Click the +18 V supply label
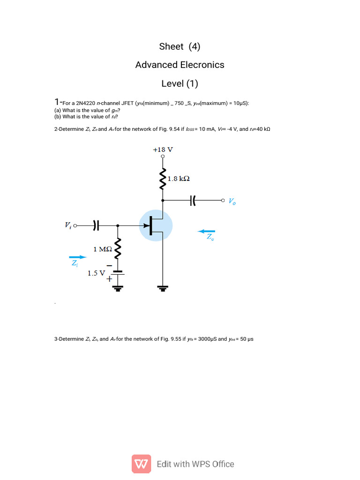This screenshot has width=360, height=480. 163,150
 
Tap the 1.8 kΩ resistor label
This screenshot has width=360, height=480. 178,179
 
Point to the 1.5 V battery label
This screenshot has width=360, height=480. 96,272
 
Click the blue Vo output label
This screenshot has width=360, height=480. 232,202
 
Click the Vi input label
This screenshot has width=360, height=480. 68,225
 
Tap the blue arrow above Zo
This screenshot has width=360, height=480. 207,231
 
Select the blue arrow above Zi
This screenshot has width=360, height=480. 77,257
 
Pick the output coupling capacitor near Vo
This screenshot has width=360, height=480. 192,201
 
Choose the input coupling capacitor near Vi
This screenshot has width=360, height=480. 96,225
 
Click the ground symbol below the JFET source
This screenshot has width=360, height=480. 163,288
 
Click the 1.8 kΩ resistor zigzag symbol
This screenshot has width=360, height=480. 163,178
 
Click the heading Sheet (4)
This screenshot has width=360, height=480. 180,46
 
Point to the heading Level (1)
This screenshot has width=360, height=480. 180,83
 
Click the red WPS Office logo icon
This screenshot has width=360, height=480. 141,464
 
